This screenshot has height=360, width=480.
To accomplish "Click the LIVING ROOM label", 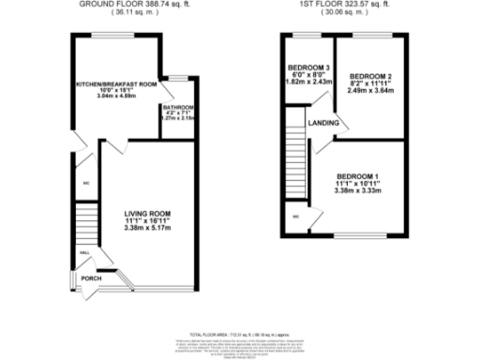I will (x=147, y=214).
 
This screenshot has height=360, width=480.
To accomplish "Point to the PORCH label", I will (x=91, y=278).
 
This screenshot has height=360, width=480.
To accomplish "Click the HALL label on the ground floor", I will (x=83, y=253).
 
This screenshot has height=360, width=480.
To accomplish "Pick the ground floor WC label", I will (x=84, y=183).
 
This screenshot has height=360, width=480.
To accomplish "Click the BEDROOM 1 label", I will (x=360, y=179).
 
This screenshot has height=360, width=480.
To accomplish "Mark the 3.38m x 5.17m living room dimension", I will (x=147, y=228).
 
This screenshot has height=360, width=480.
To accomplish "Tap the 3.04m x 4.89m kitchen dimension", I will (x=117, y=97).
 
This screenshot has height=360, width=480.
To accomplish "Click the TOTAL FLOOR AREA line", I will (x=239, y=334).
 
